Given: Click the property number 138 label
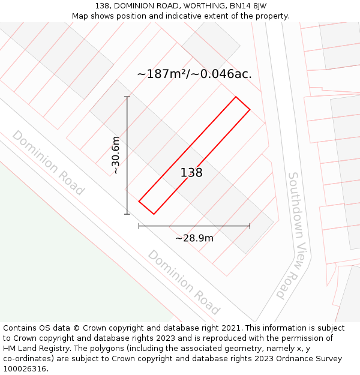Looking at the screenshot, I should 191,173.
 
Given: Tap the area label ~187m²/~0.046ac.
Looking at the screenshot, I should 194,74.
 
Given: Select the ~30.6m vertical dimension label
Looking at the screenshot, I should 116,155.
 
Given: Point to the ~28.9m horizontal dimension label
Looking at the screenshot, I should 194,238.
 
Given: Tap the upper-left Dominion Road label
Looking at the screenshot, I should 48,163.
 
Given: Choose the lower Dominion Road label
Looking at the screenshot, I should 184,283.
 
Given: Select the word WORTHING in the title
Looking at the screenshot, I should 190,6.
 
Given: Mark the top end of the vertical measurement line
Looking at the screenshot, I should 127,97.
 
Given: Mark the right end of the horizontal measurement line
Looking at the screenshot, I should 250,226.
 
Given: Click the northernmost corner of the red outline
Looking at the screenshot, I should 235,97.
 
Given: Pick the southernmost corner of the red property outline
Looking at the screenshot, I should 154,214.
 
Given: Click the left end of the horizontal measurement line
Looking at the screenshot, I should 139,226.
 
